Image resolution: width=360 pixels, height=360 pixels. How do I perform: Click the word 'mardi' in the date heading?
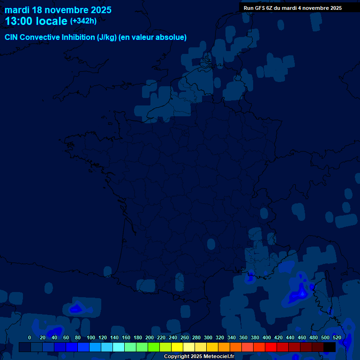point(17,10)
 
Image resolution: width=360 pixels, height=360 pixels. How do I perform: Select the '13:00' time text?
point(19,21)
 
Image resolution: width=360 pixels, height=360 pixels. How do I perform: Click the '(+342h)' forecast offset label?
point(83,21)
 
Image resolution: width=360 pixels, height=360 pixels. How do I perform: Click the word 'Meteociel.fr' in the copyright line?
point(218,357)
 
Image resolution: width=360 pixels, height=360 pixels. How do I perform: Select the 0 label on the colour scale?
point(30,337)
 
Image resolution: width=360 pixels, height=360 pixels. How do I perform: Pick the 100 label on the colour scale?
point(91,337)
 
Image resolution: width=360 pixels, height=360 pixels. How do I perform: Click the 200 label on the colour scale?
point(150,337)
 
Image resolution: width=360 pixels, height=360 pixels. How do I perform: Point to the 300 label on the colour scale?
point(208,337)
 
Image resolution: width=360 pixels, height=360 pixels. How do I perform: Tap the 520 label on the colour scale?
point(337,337)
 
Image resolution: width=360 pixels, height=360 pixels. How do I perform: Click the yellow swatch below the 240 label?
point(177,347)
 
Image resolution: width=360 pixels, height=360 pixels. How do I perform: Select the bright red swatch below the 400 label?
point(271,347)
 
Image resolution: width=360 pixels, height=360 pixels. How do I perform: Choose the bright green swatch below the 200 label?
point(154,347)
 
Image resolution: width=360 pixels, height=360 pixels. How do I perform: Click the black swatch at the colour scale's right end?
point(330,347)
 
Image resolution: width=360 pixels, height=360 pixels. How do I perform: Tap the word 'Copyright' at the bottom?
point(177,357)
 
